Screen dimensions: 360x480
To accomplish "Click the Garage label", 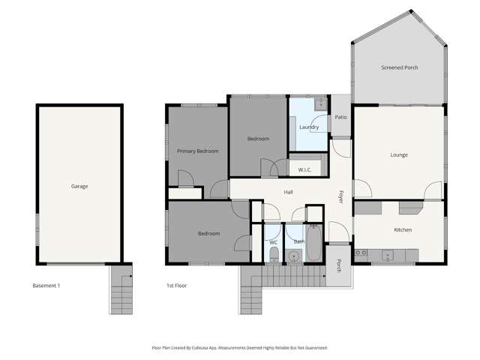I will pyautogui.click(x=79, y=186).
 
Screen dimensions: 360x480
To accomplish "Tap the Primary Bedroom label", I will pyautogui.click(x=197, y=151).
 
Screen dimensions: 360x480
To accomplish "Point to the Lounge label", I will pyautogui.click(x=398, y=155).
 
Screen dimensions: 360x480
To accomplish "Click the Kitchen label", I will pyautogui.click(x=403, y=229).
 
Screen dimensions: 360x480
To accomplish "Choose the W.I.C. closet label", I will pyautogui.click(x=304, y=169).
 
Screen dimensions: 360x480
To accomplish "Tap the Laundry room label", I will pyautogui.click(x=309, y=127).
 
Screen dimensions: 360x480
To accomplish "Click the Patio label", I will pyautogui.click(x=340, y=117).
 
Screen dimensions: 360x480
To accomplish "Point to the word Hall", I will pyautogui.click(x=288, y=193).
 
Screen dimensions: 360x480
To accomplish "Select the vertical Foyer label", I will pyautogui.click(x=340, y=197).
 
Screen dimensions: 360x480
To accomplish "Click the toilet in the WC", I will pyautogui.click(x=273, y=257).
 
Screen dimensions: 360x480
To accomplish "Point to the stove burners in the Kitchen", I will pyautogui.click(x=360, y=253).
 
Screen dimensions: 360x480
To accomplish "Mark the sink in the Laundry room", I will pyautogui.click(x=319, y=102).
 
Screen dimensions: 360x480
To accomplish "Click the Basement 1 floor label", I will pyautogui.click(x=46, y=286).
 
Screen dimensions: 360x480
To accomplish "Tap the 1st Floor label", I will pyautogui.click(x=176, y=286).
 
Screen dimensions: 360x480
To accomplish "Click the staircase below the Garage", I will pyautogui.click(x=121, y=291).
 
